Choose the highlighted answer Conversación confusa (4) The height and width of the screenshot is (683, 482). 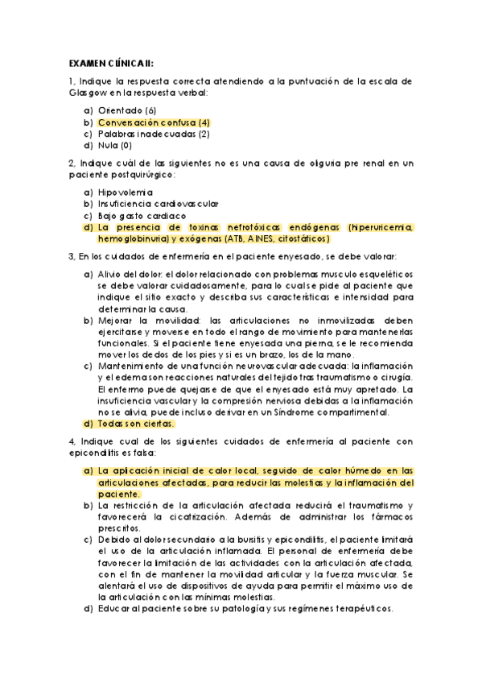click(154, 122)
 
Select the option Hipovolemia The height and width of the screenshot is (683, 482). click(125, 192)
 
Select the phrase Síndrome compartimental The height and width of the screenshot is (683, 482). click(332, 413)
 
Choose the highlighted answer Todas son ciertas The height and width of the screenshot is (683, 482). click(135, 424)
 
